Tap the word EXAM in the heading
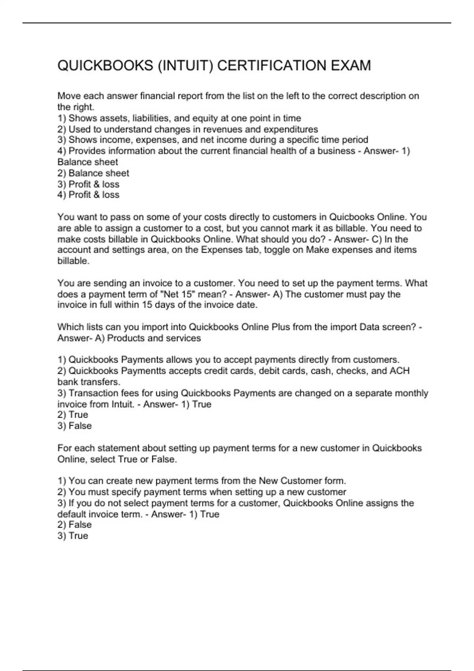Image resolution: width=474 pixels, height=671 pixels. [x=351, y=66]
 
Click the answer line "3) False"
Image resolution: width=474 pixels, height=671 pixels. [x=75, y=426]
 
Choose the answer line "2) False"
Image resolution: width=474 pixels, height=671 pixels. [x=75, y=525]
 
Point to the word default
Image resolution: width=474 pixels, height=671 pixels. [x=72, y=514]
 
